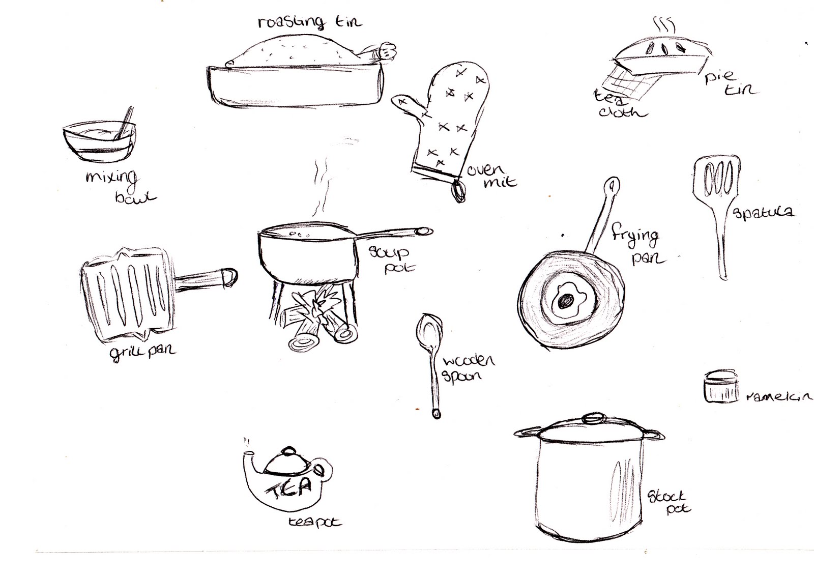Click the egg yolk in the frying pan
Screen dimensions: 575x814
565,302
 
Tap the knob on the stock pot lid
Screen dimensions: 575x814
593,419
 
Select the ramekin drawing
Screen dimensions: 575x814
721,387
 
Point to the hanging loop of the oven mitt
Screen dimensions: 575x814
459,190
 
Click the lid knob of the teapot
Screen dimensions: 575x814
288,451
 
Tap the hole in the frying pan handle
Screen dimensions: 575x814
613,184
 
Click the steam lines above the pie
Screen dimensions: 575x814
663,24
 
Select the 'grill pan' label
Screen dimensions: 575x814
142,350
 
